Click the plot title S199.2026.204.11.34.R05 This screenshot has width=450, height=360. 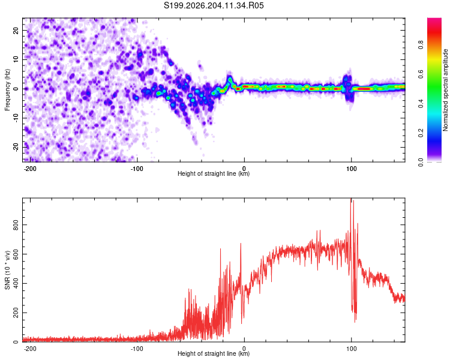point(214,5)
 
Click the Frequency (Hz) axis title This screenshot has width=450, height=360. point(7,90)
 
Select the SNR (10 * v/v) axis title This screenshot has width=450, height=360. point(7,270)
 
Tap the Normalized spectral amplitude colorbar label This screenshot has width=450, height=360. point(445,90)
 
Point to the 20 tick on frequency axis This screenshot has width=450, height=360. point(16,30)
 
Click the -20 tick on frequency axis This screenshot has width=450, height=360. point(16,147)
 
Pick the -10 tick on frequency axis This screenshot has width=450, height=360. point(16,118)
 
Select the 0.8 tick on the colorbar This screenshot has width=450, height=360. point(421,44)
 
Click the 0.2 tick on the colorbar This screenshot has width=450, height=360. point(421,133)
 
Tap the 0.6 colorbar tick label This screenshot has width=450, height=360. point(421,74)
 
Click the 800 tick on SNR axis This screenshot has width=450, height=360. point(16,225)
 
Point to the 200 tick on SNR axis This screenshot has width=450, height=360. point(16,313)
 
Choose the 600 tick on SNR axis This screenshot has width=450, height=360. point(16,254)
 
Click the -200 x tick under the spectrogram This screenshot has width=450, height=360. point(30,169)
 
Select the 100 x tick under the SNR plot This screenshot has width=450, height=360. point(351,349)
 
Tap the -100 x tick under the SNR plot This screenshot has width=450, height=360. point(137,349)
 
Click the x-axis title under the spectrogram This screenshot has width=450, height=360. point(214,173)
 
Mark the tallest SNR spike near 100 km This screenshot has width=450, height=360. point(351,199)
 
